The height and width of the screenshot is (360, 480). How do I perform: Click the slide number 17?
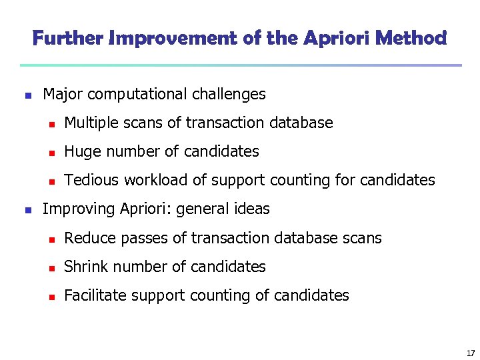click(x=471, y=353)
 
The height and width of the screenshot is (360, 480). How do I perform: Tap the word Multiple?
click(x=90, y=123)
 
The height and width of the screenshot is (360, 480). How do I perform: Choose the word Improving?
click(x=79, y=209)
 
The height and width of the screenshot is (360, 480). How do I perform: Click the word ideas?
click(x=253, y=209)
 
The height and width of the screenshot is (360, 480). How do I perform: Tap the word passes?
click(x=135, y=238)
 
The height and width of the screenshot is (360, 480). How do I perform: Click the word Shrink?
click(x=85, y=267)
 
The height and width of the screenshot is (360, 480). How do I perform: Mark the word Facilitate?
click(x=92, y=295)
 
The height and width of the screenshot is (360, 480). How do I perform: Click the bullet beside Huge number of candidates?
click(x=50, y=153)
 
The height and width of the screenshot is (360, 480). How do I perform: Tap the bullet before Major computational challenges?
click(x=27, y=95)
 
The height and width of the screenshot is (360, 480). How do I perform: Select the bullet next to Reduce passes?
click(x=50, y=239)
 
